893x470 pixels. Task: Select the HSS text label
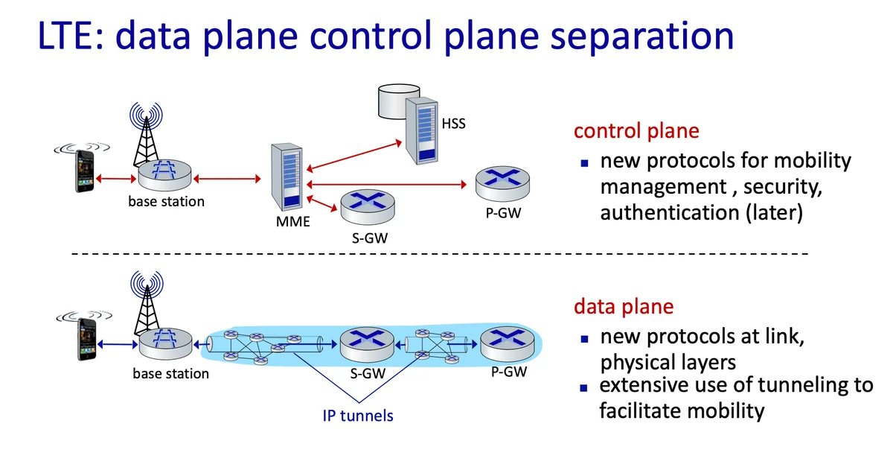453,124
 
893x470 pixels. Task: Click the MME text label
288,221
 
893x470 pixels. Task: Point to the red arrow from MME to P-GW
387,182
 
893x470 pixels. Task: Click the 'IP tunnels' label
358,415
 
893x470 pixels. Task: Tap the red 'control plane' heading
636,131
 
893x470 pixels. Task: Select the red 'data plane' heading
623,306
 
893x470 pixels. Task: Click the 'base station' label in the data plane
170,374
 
